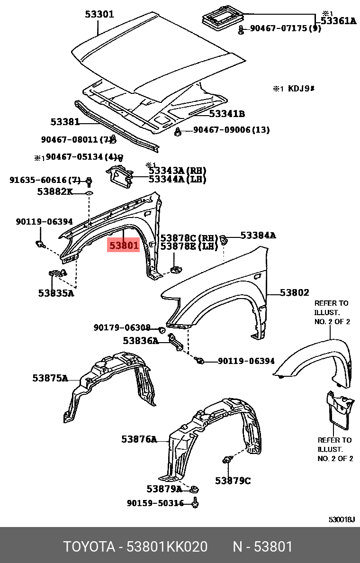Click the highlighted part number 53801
point(124,245)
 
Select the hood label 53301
point(99,14)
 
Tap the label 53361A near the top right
point(338,20)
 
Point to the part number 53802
point(294,293)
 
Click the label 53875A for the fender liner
point(50,378)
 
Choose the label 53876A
point(139,439)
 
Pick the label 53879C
point(233,481)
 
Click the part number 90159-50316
point(155,503)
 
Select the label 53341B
point(227,114)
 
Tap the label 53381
point(65,122)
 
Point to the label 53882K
point(55,191)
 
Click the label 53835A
point(56,293)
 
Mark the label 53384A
point(258,235)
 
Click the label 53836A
point(141,340)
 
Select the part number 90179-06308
point(122,327)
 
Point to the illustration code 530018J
point(342,519)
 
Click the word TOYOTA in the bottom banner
point(90,547)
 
